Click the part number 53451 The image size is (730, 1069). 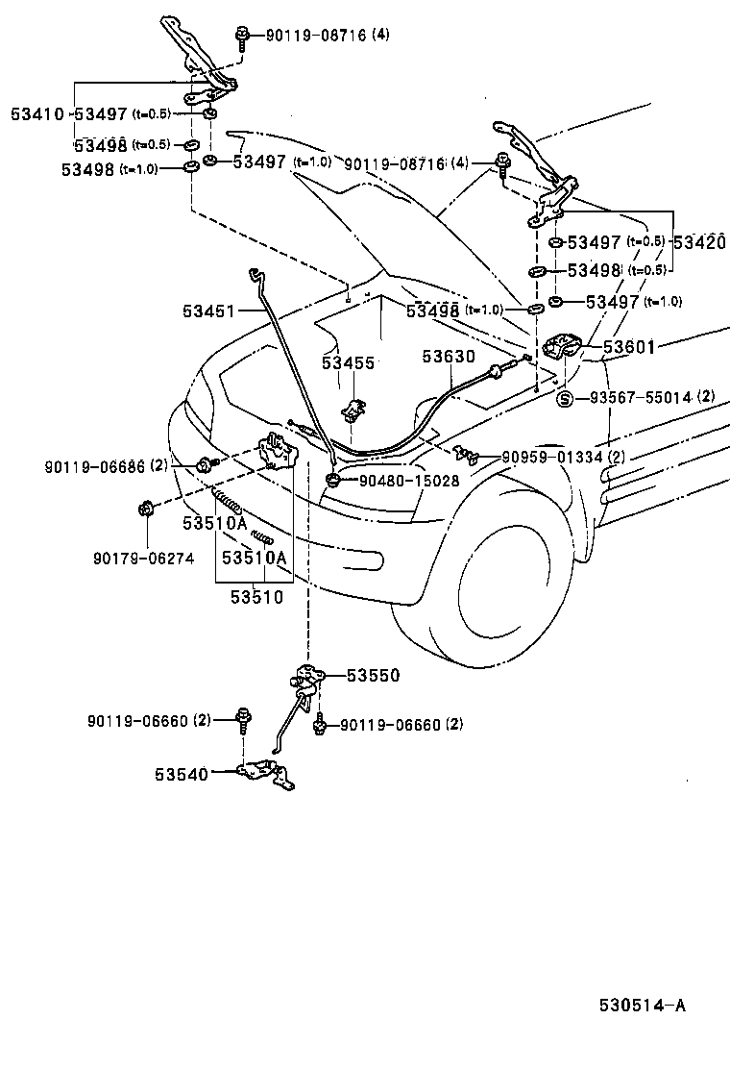tap(207, 311)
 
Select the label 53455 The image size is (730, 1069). tap(348, 363)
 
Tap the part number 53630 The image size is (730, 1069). tap(448, 357)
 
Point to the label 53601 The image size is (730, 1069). tap(629, 347)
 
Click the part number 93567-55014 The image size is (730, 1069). tap(641, 397)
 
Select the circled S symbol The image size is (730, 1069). tap(565, 398)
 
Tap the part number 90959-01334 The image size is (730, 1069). tap(552, 457)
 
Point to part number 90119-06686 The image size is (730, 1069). tap(93, 466)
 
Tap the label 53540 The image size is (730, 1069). tap(178, 772)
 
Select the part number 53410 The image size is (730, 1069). tap(36, 113)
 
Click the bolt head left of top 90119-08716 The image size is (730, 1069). tap(241, 37)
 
